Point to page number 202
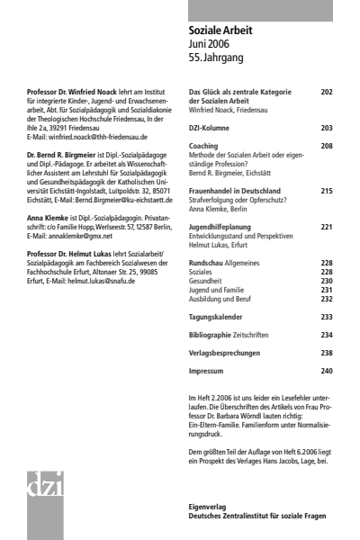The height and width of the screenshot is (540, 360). click(326, 92)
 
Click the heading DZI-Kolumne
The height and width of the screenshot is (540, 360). click(211, 129)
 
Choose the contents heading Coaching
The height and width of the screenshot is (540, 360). click(203, 146)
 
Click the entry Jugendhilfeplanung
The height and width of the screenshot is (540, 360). click(219, 228)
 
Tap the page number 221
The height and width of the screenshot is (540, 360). click(326, 228)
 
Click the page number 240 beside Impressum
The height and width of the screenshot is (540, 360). click(326, 371)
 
